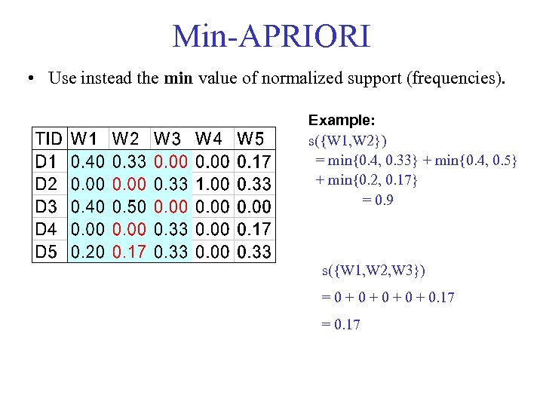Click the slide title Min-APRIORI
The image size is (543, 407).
point(271,36)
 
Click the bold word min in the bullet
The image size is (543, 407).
point(178,78)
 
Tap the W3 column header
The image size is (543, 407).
point(169,139)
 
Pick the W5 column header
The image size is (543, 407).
point(251,139)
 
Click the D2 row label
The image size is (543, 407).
point(46,184)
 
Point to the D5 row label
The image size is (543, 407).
point(46,252)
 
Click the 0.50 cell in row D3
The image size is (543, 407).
point(128,207)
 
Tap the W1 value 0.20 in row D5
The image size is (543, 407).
point(87,252)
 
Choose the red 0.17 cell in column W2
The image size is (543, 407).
point(128,252)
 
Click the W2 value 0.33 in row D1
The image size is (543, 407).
point(128,161)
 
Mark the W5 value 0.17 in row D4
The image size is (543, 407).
point(254,229)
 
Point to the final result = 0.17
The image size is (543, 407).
point(341,325)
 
